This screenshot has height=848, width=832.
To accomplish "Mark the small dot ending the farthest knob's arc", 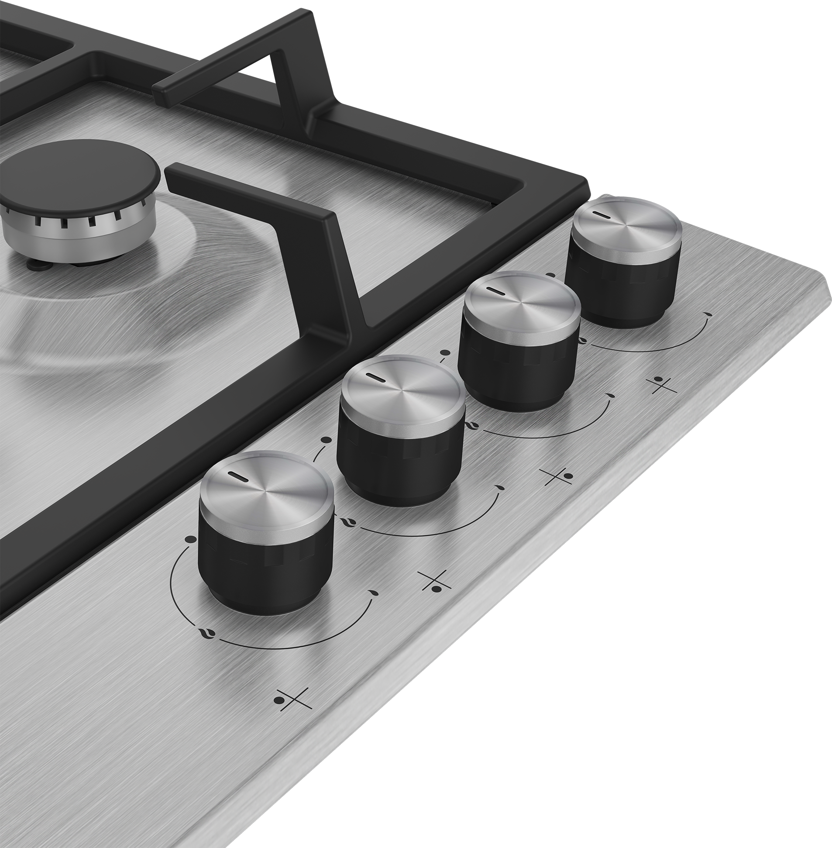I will [x=707, y=314].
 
